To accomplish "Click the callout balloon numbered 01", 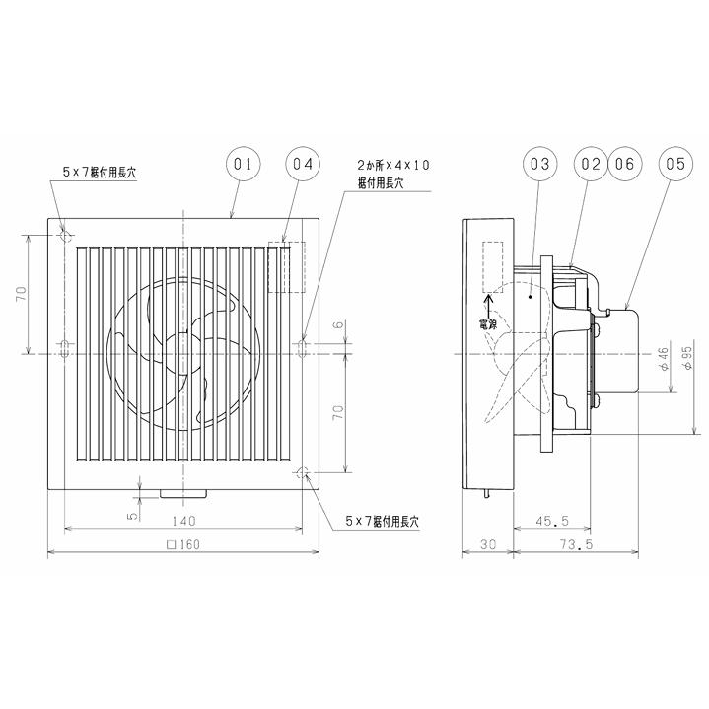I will pyautogui.click(x=245, y=164).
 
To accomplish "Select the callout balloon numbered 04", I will pyautogui.click(x=302, y=164).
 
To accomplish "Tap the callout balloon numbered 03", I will pyautogui.click(x=539, y=164).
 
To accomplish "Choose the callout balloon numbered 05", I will pyautogui.click(x=675, y=164).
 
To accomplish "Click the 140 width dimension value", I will pyautogui.click(x=184, y=521).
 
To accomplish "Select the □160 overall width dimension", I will pyautogui.click(x=183, y=544).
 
